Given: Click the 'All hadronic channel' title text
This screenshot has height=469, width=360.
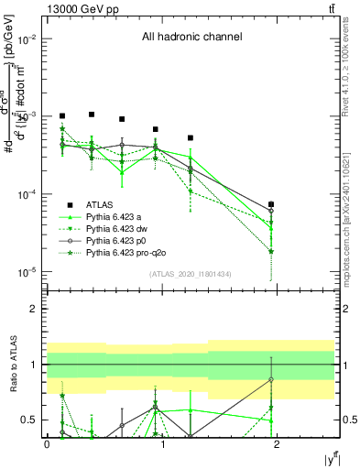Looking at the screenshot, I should point(191,38).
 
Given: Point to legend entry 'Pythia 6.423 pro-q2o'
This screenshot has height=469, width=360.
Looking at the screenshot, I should point(127,252).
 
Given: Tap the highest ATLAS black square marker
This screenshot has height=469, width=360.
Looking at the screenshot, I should point(92,115).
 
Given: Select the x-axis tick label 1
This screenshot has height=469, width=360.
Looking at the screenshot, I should point(162,442).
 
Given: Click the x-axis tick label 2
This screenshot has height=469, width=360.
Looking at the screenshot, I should point(278,442).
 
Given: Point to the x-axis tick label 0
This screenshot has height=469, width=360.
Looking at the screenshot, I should point(47,442).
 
